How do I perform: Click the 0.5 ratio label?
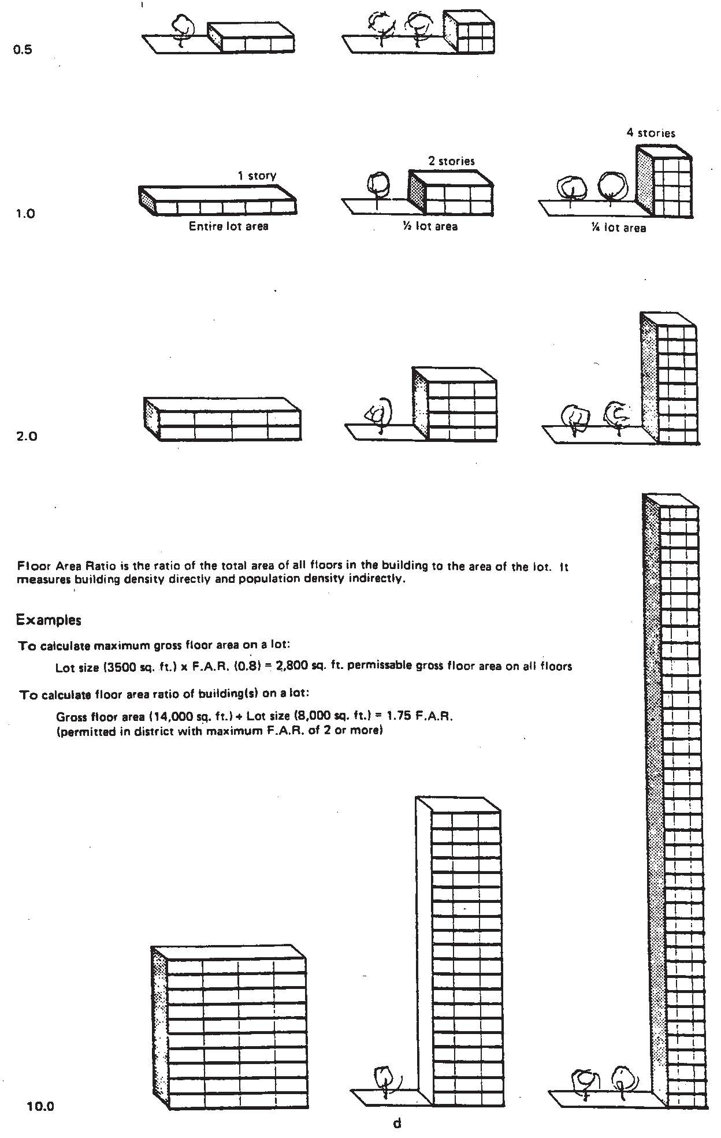pos(23,50)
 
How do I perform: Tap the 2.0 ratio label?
pos(25,436)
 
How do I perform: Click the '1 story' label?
pos(257,176)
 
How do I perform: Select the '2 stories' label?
pos(451,161)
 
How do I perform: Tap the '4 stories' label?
pos(651,133)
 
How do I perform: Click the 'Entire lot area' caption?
pos(229,226)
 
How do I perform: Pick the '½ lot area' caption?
pos(430,226)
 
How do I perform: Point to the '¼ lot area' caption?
pos(618,228)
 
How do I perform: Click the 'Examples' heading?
pos(49,620)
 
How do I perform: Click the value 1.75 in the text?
pos(402,716)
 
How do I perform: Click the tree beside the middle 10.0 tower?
pos(384,1079)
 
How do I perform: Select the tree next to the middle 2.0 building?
pos(379,414)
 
